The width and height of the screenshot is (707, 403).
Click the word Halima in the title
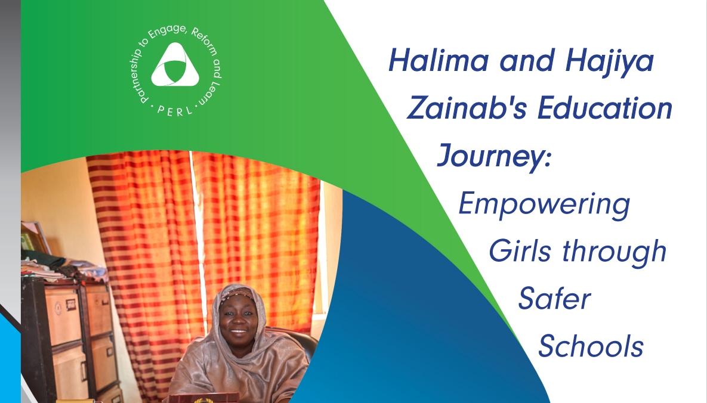439,61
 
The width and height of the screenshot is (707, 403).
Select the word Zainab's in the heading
466,108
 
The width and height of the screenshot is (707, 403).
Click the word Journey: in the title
494,156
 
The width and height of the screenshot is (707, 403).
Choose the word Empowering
544,205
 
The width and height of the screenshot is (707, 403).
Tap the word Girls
520,251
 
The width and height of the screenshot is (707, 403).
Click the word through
614,252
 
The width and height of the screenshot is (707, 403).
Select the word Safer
555,299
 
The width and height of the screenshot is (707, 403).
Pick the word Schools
591,346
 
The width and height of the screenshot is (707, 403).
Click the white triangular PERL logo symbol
175,65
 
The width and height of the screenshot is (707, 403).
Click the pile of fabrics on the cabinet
63,268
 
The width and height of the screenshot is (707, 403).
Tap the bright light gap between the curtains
199,239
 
